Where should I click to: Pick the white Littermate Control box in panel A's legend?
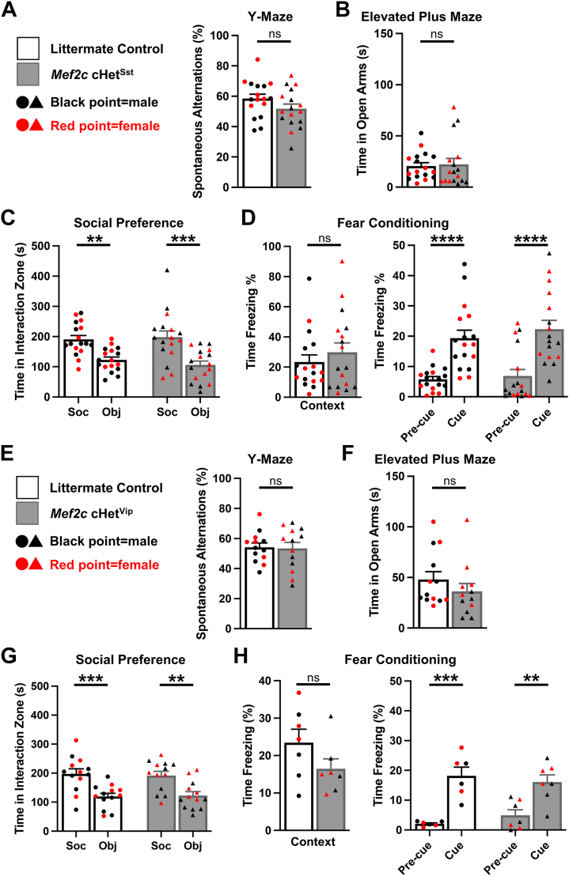29,48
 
